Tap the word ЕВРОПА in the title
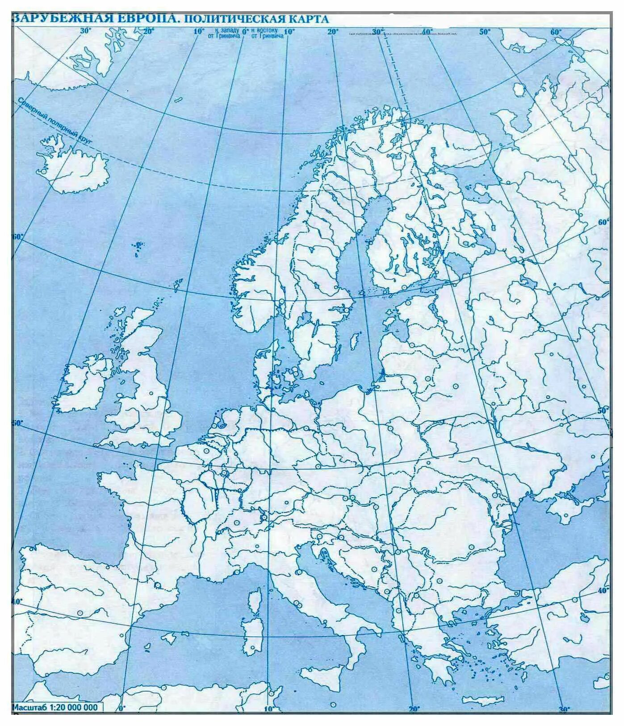click(138, 18)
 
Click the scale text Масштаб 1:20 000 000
click(54, 707)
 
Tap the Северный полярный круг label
click(54, 121)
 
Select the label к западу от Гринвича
click(226, 33)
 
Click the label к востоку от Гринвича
click(267, 33)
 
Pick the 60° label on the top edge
click(556, 32)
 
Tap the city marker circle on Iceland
click(44, 171)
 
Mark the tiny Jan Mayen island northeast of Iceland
click(178, 100)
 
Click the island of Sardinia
click(253, 634)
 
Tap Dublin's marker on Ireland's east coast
click(99, 390)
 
